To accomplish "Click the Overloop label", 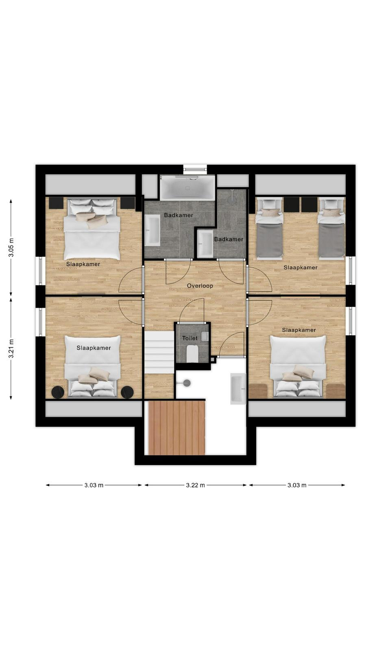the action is pyautogui.click(x=200, y=286).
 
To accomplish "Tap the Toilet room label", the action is pyautogui.click(x=190, y=338).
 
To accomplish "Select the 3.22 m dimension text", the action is pyautogui.click(x=196, y=485).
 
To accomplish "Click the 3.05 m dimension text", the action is pyautogui.click(x=11, y=247).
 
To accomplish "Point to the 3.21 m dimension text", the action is pyautogui.click(x=11, y=349).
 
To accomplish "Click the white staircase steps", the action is pyautogui.click(x=159, y=353).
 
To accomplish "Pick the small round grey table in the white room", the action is pyautogui.click(x=187, y=383).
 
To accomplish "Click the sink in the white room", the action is pyautogui.click(x=238, y=389).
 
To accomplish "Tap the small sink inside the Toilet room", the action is pyautogui.click(x=205, y=337).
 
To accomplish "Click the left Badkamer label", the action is pyautogui.click(x=179, y=215).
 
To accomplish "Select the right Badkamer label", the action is pyautogui.click(x=229, y=239).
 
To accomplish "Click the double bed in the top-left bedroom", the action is pyautogui.click(x=92, y=229).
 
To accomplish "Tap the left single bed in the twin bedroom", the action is pyautogui.click(x=269, y=228).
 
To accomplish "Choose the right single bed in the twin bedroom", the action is pyautogui.click(x=331, y=228).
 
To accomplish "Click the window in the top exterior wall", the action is pyautogui.click(x=195, y=169).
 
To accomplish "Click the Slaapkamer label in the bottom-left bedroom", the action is pyautogui.click(x=94, y=348).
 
